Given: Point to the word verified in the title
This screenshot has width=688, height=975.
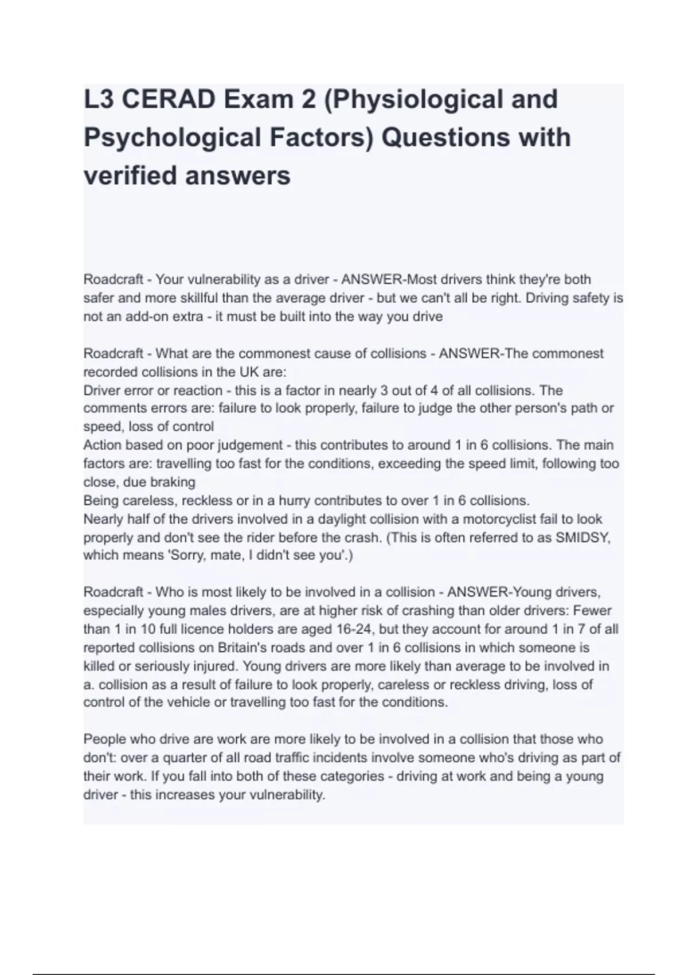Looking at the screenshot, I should tap(130, 175).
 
